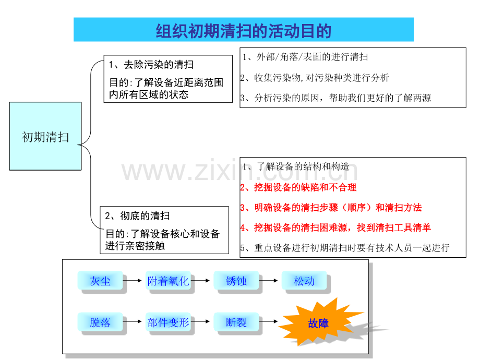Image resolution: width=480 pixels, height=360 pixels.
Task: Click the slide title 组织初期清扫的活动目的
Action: (243, 31)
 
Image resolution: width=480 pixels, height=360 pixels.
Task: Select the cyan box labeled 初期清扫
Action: (45, 136)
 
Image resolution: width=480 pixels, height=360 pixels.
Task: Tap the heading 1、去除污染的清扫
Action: (151, 65)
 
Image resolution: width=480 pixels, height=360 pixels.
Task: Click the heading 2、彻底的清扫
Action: (137, 216)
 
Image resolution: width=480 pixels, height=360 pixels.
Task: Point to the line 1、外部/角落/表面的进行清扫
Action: (305, 57)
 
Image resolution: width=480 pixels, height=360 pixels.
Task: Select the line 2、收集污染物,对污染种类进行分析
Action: (315, 78)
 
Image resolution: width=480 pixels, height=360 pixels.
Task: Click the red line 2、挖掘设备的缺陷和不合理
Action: (298, 187)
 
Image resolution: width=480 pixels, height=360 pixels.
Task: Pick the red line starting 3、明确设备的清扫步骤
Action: (331, 208)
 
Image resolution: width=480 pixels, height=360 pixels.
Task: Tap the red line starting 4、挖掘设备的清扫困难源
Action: (335, 227)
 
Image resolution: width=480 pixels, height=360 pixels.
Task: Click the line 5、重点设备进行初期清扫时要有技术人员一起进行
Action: (345, 248)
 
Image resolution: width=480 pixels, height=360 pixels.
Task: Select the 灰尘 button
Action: (100, 280)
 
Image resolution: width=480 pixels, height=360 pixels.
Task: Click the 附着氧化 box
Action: (168, 280)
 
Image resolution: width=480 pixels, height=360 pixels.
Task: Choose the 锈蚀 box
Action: (236, 280)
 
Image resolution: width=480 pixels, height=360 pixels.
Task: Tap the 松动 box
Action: (304, 280)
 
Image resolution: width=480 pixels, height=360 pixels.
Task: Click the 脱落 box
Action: (100, 322)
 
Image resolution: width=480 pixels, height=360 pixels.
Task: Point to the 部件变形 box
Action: (168, 322)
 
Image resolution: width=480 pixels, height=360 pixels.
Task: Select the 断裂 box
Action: (236, 322)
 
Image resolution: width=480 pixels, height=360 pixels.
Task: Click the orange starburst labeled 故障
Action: (318, 322)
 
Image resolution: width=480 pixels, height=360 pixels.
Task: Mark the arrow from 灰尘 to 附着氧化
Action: (132, 280)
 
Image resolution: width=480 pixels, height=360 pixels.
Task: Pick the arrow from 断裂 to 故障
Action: (269, 321)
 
